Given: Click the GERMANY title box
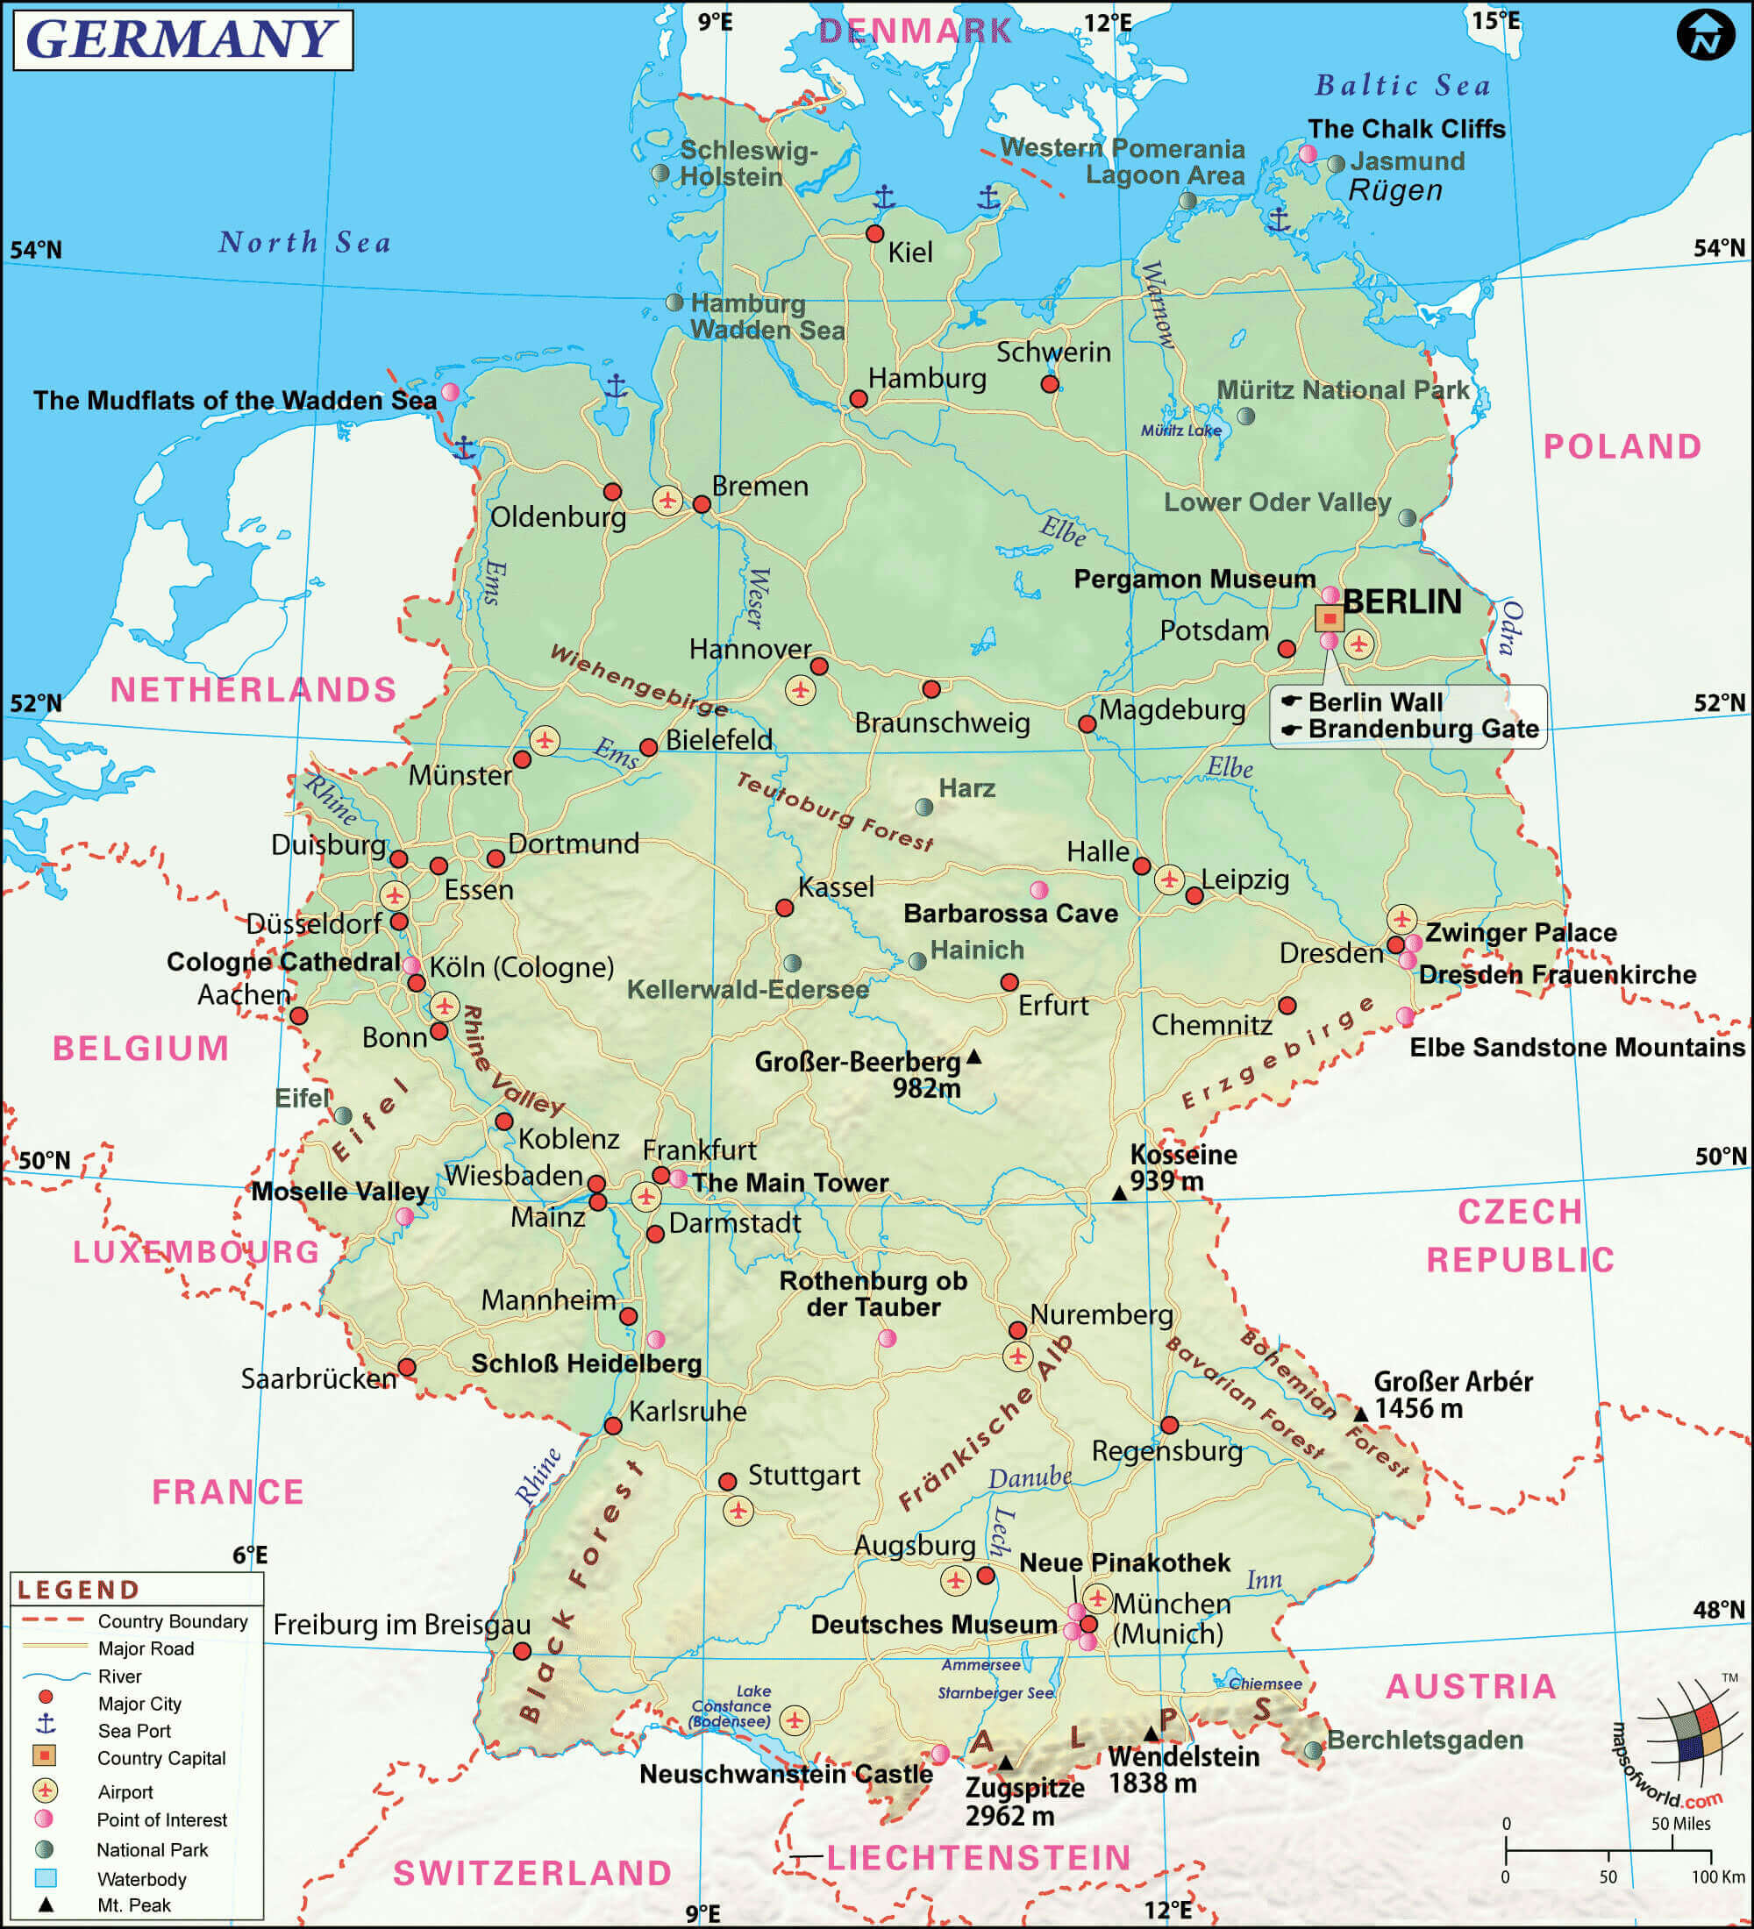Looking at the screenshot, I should [182, 39].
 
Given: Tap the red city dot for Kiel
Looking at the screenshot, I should [874, 233].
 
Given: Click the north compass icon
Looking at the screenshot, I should [1705, 36].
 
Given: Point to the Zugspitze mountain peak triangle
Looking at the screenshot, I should [1006, 1762].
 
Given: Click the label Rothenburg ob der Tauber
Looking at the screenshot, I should [873, 1293].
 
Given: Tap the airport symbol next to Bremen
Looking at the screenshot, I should [667, 500].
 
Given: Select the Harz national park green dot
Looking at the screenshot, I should [924, 807].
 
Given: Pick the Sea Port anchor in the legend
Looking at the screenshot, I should [45, 1724].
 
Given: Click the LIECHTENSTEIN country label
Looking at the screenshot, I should [978, 1857].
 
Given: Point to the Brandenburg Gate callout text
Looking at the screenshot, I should [1422, 730].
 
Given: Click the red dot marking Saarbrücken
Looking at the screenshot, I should [407, 1366].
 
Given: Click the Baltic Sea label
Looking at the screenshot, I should [1403, 85].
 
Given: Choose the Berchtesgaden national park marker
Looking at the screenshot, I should [1314, 1750].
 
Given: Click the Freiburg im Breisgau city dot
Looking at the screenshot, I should [522, 1650].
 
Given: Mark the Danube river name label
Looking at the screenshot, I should [1029, 1477].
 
